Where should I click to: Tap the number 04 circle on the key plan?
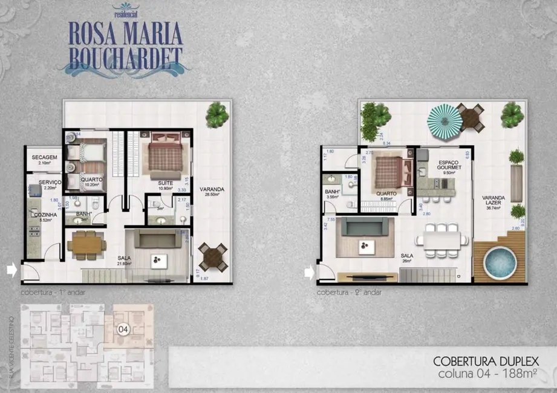[123, 330]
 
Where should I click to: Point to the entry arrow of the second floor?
[309, 273]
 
